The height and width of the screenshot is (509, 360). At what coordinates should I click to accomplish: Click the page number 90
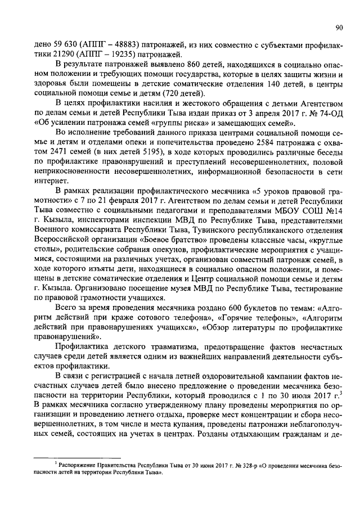coord(339,26)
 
